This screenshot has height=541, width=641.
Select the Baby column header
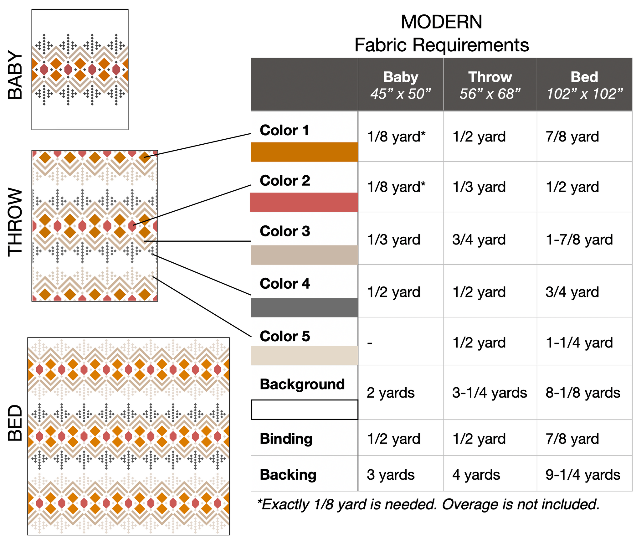[x=401, y=85]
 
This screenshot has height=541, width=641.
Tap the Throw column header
[x=490, y=85]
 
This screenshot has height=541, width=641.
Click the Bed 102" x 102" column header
[x=584, y=85]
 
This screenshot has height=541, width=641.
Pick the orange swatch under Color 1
[x=304, y=152]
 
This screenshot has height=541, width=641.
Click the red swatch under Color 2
[x=304, y=203]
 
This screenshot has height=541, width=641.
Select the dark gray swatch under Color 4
[x=304, y=307]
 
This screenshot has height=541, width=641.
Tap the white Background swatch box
[x=304, y=410]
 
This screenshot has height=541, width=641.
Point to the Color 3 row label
[x=285, y=231]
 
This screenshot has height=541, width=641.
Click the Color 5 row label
[x=285, y=336]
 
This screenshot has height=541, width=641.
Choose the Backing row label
[x=288, y=475]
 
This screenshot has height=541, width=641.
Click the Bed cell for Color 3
[x=579, y=240]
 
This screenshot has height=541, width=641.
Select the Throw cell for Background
[x=490, y=393]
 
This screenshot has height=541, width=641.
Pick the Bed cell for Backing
[x=583, y=475]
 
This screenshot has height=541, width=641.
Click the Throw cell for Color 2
[x=479, y=187]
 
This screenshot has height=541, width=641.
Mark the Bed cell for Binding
[x=572, y=439]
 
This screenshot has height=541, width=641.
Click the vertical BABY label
[x=15, y=75]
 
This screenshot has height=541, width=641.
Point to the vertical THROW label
[x=15, y=222]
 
